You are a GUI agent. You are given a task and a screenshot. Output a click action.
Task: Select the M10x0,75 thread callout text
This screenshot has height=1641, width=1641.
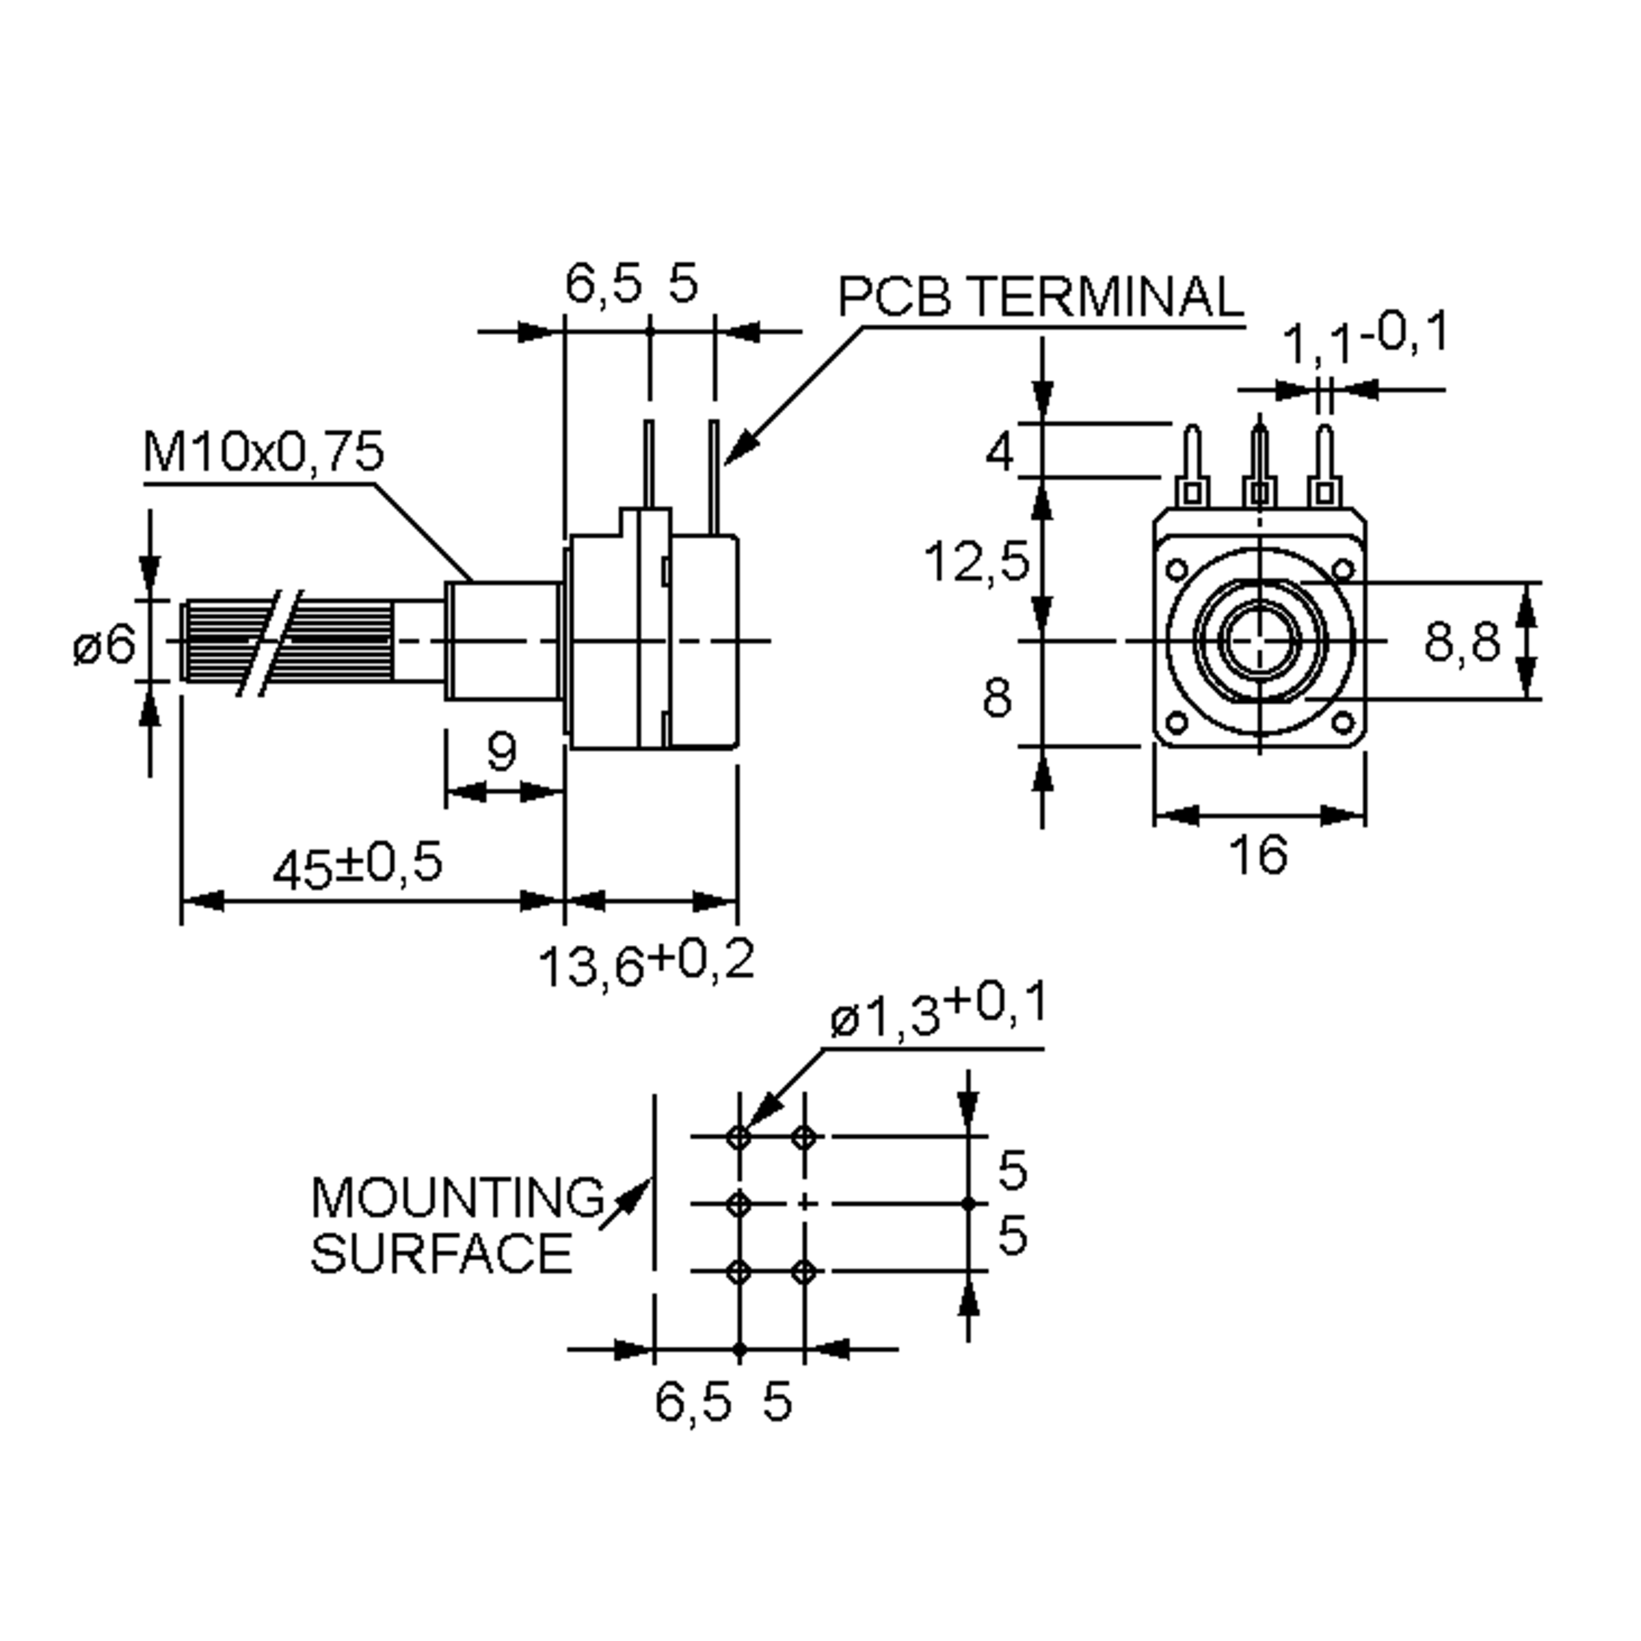(x=263, y=452)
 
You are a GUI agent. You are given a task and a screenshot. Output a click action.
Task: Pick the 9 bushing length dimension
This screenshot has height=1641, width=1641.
(x=501, y=751)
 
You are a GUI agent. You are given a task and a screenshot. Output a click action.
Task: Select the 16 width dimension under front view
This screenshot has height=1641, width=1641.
(x=1258, y=855)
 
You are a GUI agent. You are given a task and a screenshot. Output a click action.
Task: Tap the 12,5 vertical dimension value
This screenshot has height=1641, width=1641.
(x=977, y=562)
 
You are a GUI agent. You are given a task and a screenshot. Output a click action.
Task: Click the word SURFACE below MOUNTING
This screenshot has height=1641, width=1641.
(x=442, y=1254)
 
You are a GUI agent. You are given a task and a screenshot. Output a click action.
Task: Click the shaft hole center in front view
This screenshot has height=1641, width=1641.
(x=1259, y=641)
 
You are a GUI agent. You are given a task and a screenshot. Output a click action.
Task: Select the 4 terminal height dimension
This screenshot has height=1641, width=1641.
(x=1000, y=452)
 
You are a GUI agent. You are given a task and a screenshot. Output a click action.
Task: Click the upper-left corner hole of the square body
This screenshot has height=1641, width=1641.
(x=1178, y=568)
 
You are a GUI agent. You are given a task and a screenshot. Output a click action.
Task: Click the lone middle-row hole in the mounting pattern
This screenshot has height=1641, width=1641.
(x=739, y=1203)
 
